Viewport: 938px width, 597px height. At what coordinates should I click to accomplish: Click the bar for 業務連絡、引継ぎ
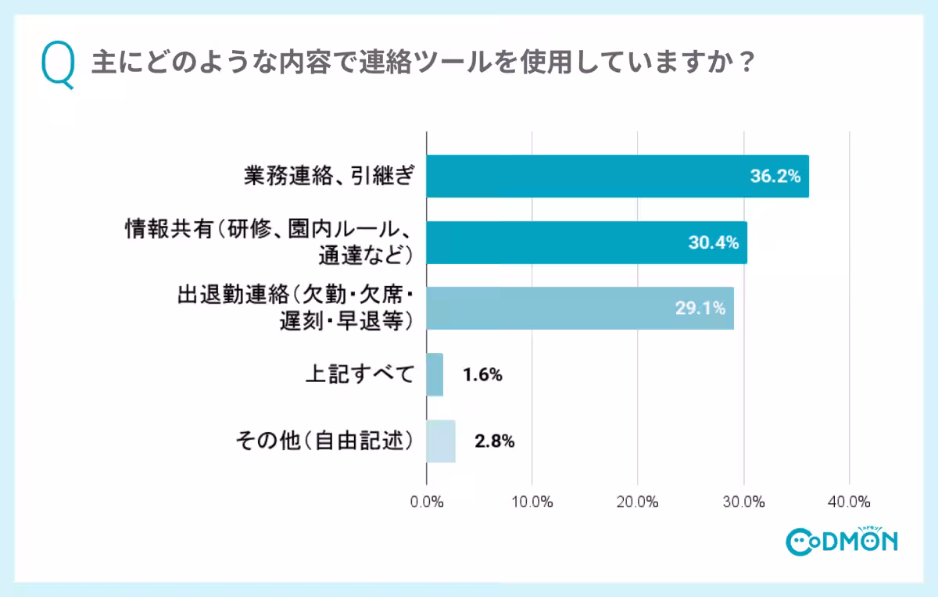pos(618,176)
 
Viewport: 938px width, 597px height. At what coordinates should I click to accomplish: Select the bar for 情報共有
pos(586,242)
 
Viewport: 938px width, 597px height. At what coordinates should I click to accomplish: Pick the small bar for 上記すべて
pos(435,374)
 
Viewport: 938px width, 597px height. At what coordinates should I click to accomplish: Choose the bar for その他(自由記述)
pos(441,441)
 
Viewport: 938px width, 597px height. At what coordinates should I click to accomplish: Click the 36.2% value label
pos(775,177)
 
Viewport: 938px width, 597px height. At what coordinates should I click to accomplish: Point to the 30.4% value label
pos(713,243)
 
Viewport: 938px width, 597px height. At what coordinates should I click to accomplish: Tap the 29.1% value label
pos(700,309)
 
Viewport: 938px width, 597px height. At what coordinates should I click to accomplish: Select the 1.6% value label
pos(482,375)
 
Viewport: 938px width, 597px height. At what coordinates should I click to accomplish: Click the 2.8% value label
pos(494,441)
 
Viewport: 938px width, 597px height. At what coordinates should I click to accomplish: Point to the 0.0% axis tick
pos(427,501)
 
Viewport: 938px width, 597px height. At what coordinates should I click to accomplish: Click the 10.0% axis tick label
pos(532,501)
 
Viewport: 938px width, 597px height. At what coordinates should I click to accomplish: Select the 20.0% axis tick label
pos(638,501)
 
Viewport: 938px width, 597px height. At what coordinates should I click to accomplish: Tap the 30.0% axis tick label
pos(743,501)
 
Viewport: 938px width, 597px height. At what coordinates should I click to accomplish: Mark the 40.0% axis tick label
pos(849,501)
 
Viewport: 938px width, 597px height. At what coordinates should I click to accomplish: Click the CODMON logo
pos(841,540)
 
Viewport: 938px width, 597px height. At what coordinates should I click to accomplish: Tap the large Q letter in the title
pos(57,66)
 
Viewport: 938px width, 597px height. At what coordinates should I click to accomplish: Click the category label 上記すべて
pos(358,375)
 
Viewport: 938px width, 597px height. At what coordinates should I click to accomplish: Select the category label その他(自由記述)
pos(324,441)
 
